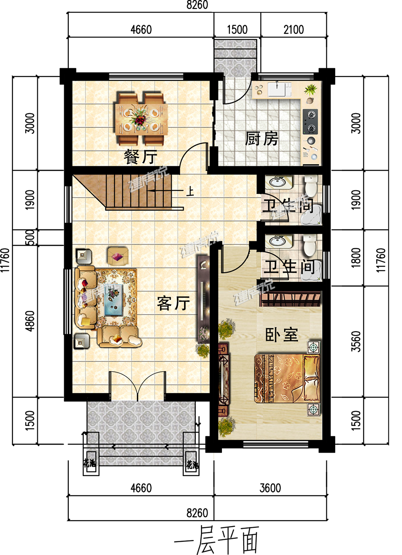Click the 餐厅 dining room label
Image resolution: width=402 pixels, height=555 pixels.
tap(140, 157)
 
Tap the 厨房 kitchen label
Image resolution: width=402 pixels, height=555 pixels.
tap(262, 139)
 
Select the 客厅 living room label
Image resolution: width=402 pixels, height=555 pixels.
tap(173, 303)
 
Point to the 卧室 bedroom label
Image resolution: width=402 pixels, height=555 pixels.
tap(281, 335)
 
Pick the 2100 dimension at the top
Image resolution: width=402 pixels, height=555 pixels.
tap(293, 30)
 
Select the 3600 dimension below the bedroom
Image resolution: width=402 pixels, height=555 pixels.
tap(270, 488)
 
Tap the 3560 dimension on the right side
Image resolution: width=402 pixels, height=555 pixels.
tap(356, 341)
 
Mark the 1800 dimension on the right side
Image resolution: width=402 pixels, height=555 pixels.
tap(356, 257)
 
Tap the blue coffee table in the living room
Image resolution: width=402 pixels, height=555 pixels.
tap(113, 299)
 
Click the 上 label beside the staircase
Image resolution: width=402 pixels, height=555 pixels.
tap(190, 191)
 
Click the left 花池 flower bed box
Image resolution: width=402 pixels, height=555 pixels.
tap(90, 463)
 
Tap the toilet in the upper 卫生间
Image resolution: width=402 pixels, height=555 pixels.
tap(311, 186)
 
